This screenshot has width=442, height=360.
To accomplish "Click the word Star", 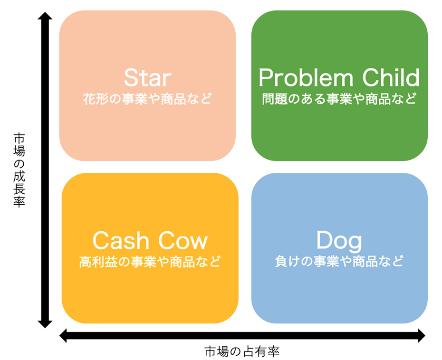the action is (x=147, y=77).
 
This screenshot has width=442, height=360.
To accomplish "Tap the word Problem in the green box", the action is (x=306, y=77).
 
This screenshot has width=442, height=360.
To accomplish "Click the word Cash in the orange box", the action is (x=121, y=240).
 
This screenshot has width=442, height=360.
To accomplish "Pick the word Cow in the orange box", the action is (x=183, y=240).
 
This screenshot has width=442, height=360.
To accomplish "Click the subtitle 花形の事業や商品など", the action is (x=147, y=99).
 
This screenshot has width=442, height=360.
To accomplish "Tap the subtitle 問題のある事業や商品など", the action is (x=339, y=99).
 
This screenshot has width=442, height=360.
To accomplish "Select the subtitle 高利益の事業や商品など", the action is (x=150, y=261).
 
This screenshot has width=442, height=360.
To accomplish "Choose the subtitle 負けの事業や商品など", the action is (x=339, y=261).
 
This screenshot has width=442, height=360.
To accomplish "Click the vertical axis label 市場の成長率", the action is (x=19, y=170).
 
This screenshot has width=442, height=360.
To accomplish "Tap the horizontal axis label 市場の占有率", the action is (x=242, y=351).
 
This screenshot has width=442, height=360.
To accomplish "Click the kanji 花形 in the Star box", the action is (x=96, y=99).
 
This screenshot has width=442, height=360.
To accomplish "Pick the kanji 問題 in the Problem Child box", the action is (x=275, y=99).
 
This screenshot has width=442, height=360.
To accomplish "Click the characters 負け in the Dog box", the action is (x=287, y=261).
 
